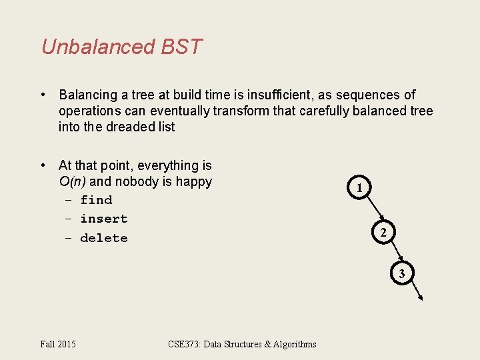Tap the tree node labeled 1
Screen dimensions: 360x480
(x=359, y=188)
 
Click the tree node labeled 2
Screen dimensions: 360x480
(x=383, y=233)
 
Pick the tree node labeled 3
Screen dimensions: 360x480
(x=401, y=273)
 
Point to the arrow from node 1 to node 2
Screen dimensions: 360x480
(x=371, y=211)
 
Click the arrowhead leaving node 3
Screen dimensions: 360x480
(x=419, y=298)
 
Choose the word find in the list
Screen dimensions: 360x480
(x=96, y=200)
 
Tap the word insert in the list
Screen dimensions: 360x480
(x=103, y=219)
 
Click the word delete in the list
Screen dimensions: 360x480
(x=103, y=238)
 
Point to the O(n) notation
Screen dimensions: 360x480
(x=72, y=181)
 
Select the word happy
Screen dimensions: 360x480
(x=195, y=181)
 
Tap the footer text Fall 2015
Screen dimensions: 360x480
(x=58, y=344)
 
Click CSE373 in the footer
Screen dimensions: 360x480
(x=184, y=344)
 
